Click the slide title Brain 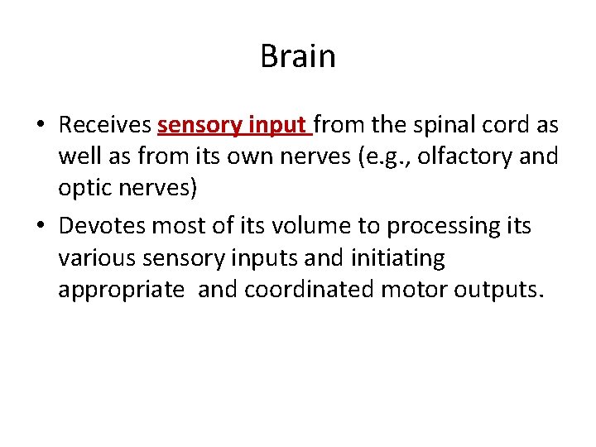click(298, 57)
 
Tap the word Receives click(105, 126)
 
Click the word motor click(409, 291)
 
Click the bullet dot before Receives click(40, 127)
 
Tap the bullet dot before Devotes click(40, 227)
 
